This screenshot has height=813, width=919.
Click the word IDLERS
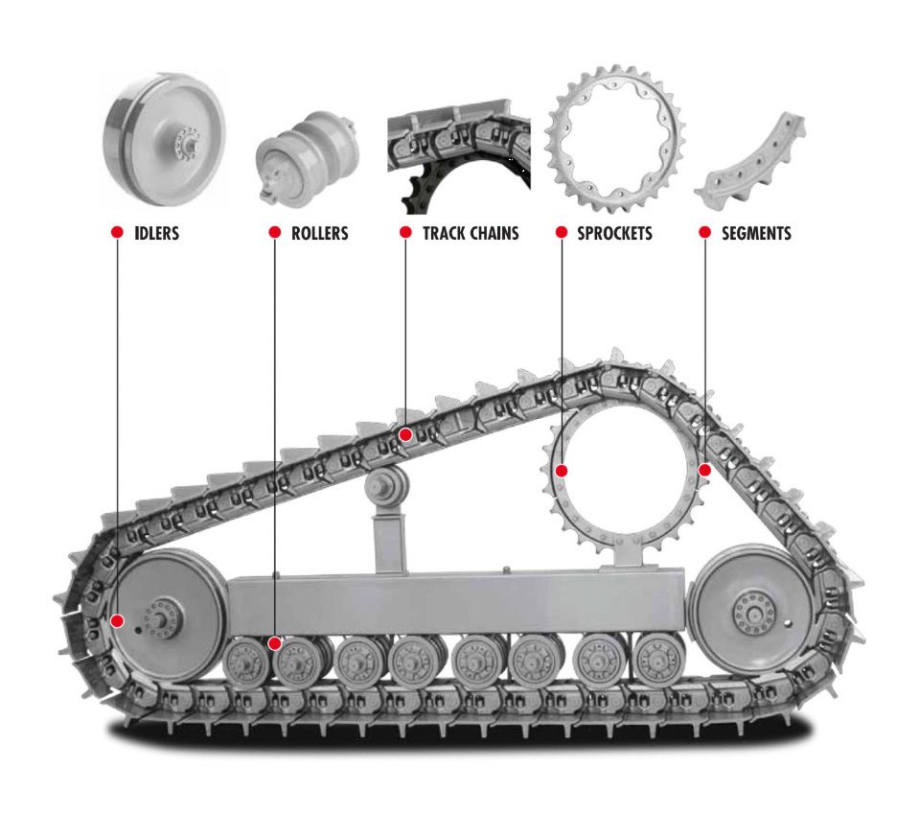(157, 233)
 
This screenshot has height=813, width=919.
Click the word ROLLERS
(319, 233)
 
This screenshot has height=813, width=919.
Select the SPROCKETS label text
(614, 233)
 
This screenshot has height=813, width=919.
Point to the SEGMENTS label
(756, 233)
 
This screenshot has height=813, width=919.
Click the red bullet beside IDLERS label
(117, 233)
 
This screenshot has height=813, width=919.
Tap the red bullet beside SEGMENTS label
(704, 233)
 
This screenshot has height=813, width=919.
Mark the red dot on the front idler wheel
(117, 620)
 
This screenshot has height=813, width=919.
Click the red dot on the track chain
(405, 434)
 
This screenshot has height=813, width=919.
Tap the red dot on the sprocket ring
(562, 471)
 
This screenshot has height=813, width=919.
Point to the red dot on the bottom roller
(275, 643)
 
